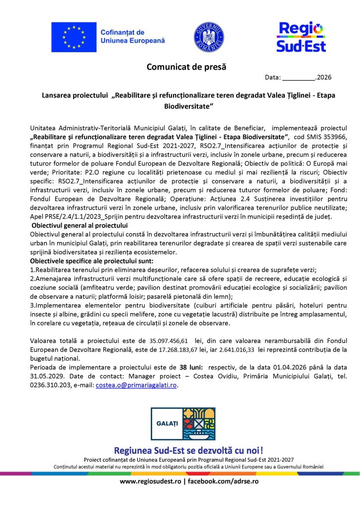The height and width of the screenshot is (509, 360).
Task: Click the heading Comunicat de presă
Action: point(182,67)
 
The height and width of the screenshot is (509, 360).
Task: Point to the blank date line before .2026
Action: point(299,78)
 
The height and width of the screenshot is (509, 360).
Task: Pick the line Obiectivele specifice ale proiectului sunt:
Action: point(92,260)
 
